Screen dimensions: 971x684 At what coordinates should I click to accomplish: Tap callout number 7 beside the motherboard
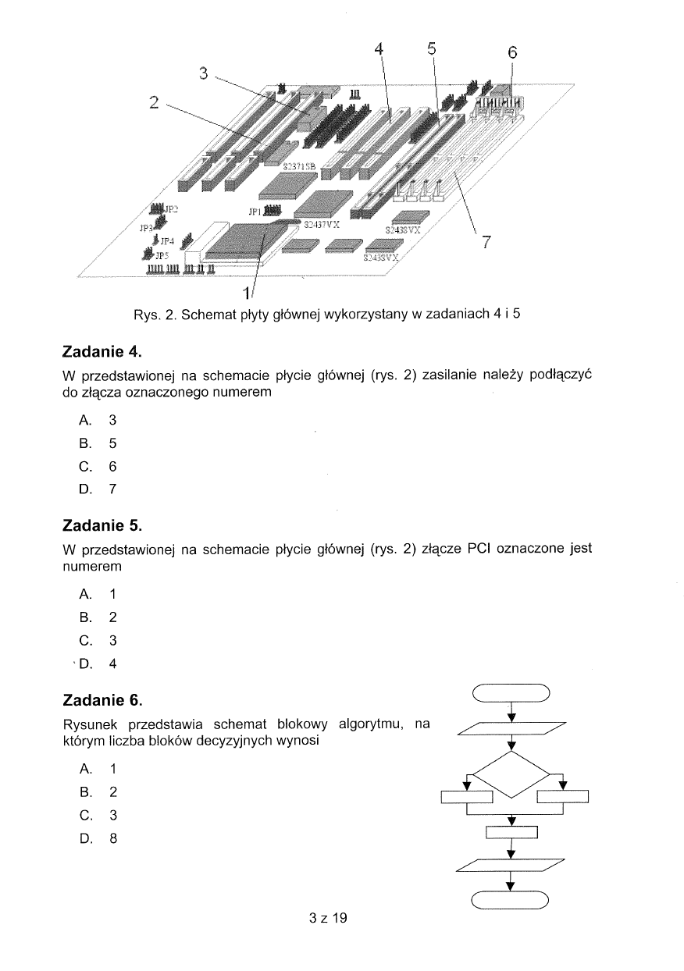[486, 243]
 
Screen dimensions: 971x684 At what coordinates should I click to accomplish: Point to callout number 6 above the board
[512, 53]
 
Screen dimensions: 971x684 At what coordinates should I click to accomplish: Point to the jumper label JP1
[255, 211]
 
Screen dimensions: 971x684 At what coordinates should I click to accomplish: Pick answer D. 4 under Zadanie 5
[98, 664]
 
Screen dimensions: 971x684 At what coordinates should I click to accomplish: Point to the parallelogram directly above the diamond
[511, 728]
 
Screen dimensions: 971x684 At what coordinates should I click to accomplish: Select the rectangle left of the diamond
[466, 797]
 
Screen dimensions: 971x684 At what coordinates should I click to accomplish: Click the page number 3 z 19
[327, 918]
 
